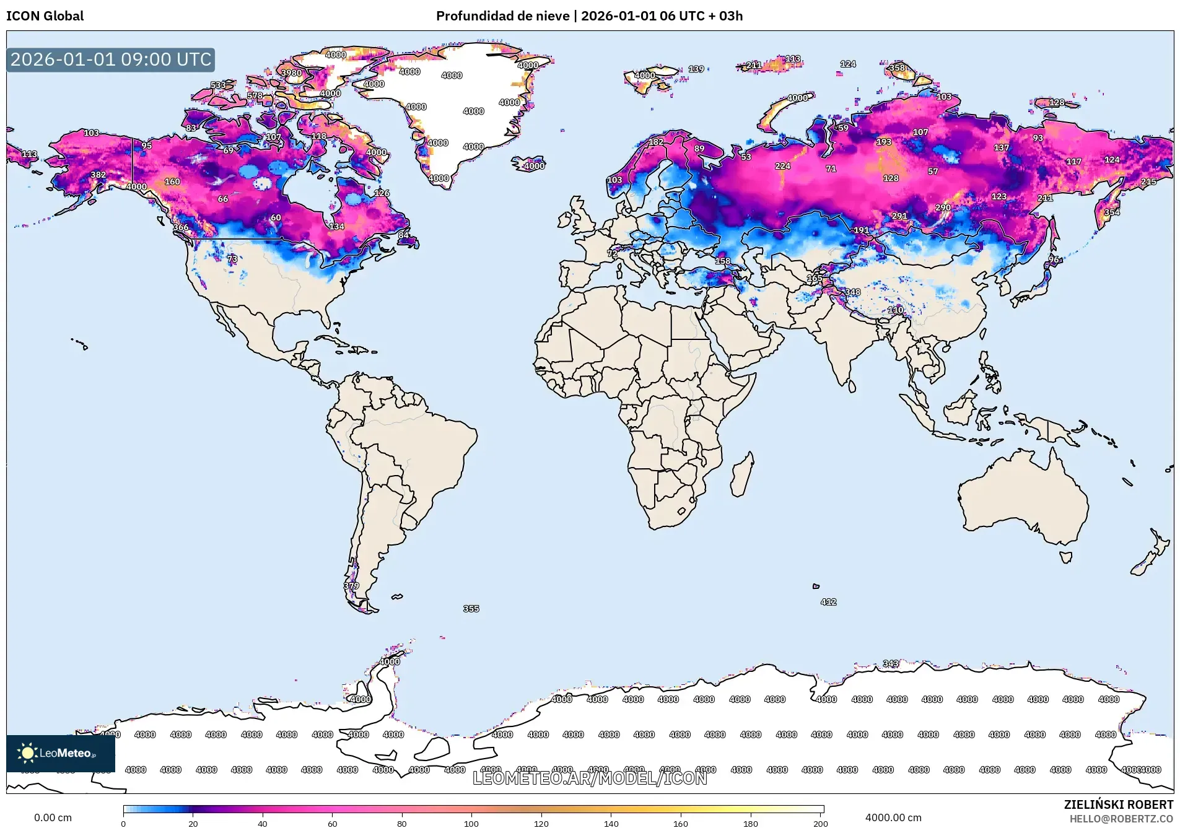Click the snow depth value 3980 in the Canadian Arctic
point(291,72)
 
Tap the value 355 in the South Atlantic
point(471,609)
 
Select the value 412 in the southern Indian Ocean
point(828,601)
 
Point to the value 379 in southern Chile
point(351,585)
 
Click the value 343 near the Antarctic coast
point(890,663)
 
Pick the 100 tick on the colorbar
point(471,823)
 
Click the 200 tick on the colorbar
point(820,823)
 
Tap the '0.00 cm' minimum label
point(53,817)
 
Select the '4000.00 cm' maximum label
point(893,817)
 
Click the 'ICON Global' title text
point(45,16)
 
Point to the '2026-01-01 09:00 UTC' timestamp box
point(111,59)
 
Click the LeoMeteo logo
point(60,753)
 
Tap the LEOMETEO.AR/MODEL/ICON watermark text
point(589,778)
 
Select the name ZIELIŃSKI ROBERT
point(1118,804)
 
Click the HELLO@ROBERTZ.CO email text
point(1121,819)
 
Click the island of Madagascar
point(743,476)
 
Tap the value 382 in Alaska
point(98,175)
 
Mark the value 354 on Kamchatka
point(1111,212)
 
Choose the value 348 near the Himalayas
point(852,292)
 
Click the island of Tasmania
point(1065,557)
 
